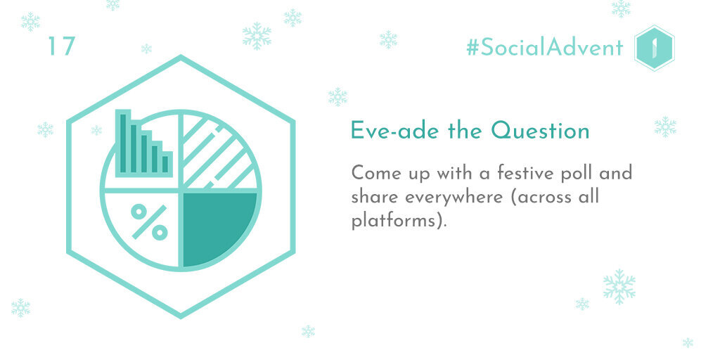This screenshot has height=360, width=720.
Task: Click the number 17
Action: (x=62, y=46)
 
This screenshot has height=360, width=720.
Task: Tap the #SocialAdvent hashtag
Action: (x=545, y=47)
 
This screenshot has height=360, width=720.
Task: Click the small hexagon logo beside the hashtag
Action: (x=655, y=48)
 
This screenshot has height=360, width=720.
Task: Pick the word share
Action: (x=375, y=197)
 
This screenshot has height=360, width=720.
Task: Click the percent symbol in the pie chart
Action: (x=149, y=221)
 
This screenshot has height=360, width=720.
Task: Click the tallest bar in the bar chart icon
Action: (x=123, y=143)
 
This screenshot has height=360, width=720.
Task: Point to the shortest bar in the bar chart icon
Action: (x=165, y=164)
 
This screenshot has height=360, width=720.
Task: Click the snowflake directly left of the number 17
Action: (x=30, y=22)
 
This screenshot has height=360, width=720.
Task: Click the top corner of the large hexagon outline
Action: (x=181, y=57)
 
